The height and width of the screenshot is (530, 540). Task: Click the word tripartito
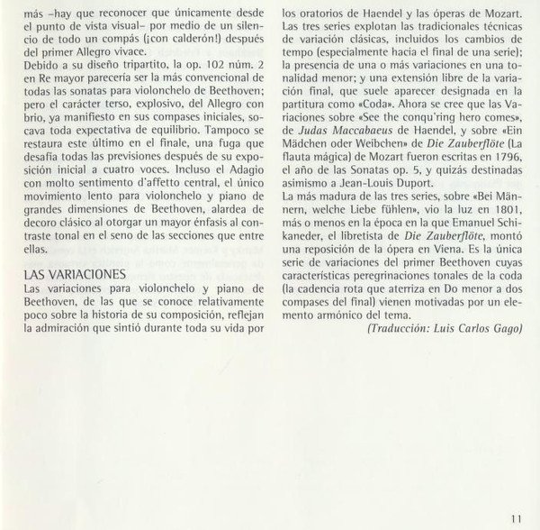pos(130,66)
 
